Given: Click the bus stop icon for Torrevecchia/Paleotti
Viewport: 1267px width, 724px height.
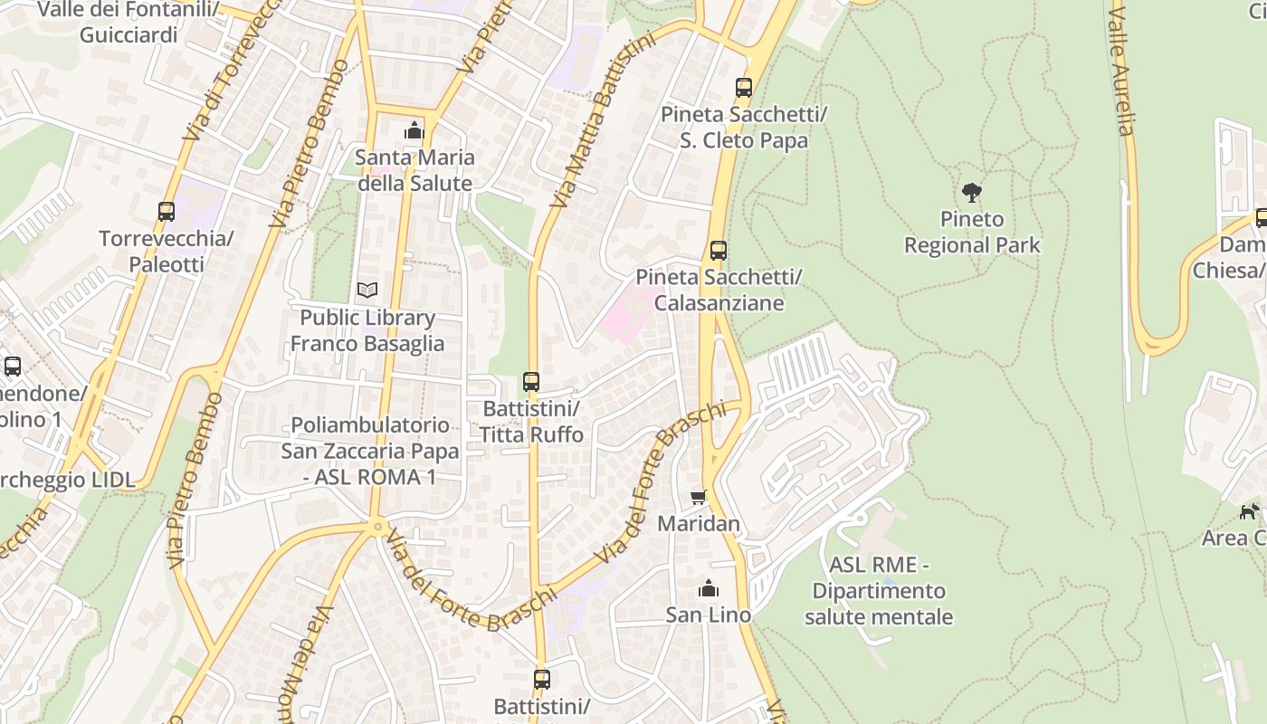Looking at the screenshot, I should (167, 212).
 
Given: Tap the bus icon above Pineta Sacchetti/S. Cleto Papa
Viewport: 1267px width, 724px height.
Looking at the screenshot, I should (744, 88).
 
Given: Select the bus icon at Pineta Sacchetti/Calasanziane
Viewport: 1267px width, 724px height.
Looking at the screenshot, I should (719, 251).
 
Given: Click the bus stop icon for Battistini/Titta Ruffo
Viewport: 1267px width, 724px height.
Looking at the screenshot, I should (531, 382).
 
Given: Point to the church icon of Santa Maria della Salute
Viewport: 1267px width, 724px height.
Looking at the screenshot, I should (414, 130).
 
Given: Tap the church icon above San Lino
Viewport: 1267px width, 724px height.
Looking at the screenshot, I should (709, 589).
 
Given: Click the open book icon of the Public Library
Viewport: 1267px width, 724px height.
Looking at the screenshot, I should (367, 291).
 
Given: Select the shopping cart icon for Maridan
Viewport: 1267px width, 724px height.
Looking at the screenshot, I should (698, 497).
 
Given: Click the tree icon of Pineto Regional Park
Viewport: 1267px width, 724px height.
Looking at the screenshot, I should (972, 192).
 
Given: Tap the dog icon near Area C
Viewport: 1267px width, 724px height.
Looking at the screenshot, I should (1250, 511).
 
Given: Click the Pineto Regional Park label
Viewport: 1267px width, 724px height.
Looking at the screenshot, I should (972, 233).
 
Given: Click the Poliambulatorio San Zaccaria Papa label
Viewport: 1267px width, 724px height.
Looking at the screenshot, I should (369, 451).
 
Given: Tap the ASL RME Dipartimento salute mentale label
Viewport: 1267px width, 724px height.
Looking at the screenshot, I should (878, 591).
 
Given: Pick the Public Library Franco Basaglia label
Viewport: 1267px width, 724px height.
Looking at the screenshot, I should (367, 331).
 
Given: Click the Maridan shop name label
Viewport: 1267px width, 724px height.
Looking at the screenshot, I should (699, 524).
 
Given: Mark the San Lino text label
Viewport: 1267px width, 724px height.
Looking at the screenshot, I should (709, 615).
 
